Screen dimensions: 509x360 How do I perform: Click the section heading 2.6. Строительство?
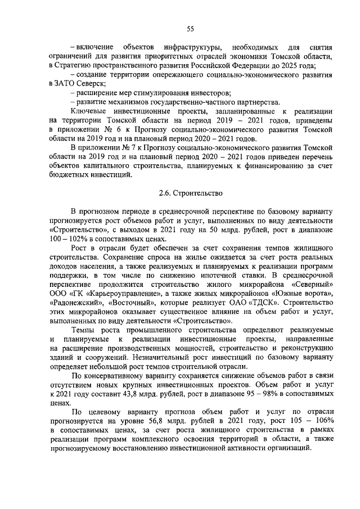(191, 193)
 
